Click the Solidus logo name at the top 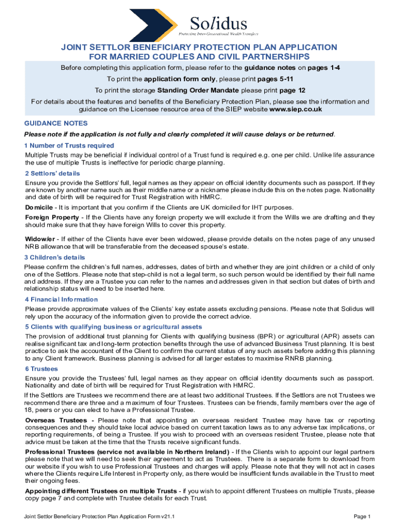click(x=218, y=22)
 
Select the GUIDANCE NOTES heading click(x=56, y=123)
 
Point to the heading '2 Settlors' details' click(x=52, y=173)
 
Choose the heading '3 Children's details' click(x=54, y=257)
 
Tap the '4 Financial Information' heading click(x=61, y=299)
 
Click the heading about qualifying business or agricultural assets click(x=113, y=327)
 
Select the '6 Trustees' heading click(x=41, y=369)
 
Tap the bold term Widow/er click(x=40, y=239)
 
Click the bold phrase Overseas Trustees click(x=60, y=420)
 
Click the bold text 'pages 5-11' click(x=276, y=79)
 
